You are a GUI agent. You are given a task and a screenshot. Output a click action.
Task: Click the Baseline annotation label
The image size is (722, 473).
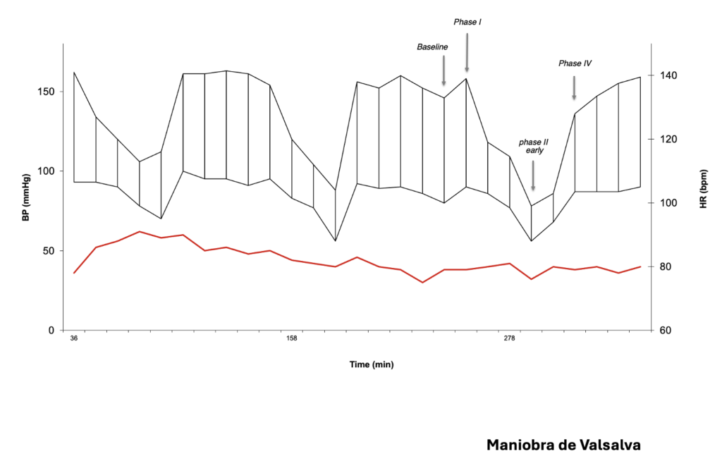click(x=432, y=47)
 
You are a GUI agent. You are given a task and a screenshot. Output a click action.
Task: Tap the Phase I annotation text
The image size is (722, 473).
click(x=467, y=23)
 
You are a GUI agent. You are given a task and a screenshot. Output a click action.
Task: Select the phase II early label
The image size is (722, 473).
click(x=533, y=146)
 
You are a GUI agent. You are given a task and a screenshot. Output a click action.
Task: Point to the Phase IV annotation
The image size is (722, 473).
click(x=575, y=63)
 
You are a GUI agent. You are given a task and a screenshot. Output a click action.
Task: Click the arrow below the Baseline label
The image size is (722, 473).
click(x=443, y=70)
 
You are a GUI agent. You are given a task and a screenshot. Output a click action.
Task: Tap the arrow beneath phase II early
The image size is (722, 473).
click(x=533, y=176)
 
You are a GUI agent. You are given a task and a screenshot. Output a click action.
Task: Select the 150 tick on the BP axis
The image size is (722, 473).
click(x=47, y=92)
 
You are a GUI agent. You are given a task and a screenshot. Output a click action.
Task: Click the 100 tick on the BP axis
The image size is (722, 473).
click(x=47, y=171)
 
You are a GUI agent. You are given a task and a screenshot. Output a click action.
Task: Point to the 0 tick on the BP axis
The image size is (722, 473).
click(x=51, y=330)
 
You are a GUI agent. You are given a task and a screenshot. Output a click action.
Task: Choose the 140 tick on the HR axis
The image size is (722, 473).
click(x=667, y=75)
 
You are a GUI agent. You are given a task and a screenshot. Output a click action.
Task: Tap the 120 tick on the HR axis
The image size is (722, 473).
click(x=667, y=140)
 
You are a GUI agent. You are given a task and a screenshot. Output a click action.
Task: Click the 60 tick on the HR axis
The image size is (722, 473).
click(x=665, y=331)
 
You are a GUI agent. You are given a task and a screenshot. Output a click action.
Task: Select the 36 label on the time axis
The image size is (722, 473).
click(x=74, y=339)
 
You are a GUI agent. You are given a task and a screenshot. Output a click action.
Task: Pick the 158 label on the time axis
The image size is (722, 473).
click(x=291, y=339)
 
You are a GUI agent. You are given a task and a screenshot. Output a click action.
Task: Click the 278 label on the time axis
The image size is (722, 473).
click(x=509, y=339)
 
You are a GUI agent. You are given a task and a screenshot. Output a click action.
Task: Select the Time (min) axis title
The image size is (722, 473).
click(x=372, y=364)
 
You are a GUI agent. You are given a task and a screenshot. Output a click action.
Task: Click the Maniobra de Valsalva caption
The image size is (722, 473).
click(x=564, y=446)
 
